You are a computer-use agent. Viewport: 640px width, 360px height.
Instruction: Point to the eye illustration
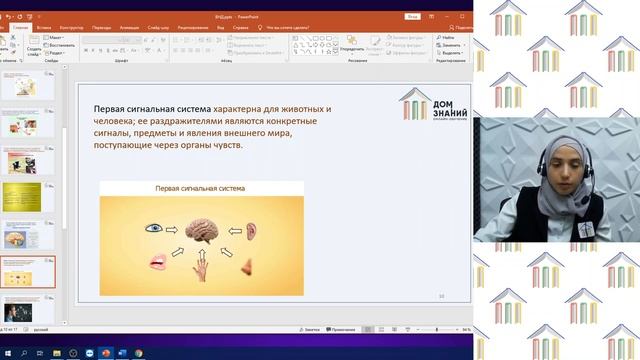click(x=152, y=229)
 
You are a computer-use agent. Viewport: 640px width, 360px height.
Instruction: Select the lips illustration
click(x=157, y=262)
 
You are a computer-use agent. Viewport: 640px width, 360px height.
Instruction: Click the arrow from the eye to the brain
click(x=172, y=229)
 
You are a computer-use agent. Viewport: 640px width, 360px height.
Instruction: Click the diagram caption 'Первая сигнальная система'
click(x=200, y=188)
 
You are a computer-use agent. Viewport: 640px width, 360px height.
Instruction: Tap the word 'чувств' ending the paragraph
click(x=223, y=145)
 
